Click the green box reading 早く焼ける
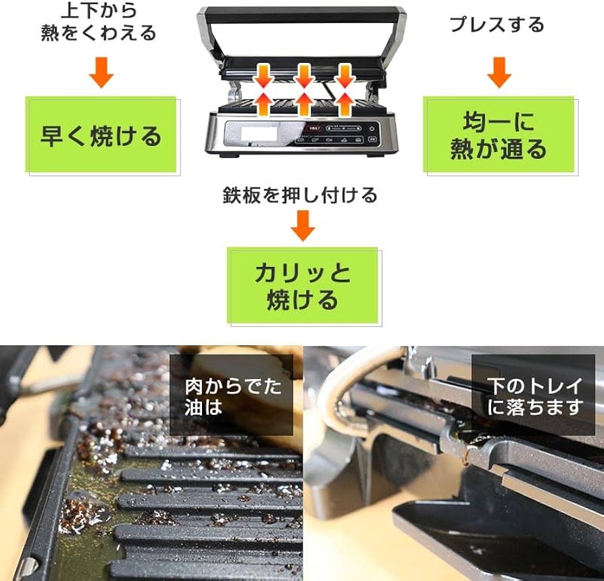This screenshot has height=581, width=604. (x=101, y=135)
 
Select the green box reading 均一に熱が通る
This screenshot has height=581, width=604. (x=499, y=135)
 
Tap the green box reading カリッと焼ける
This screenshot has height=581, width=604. (x=303, y=285)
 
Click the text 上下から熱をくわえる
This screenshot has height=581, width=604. (x=99, y=22)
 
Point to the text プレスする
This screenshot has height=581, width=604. (x=497, y=24)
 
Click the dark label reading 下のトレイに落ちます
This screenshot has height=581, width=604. (x=534, y=396)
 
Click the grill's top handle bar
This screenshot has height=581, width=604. (x=301, y=13)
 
